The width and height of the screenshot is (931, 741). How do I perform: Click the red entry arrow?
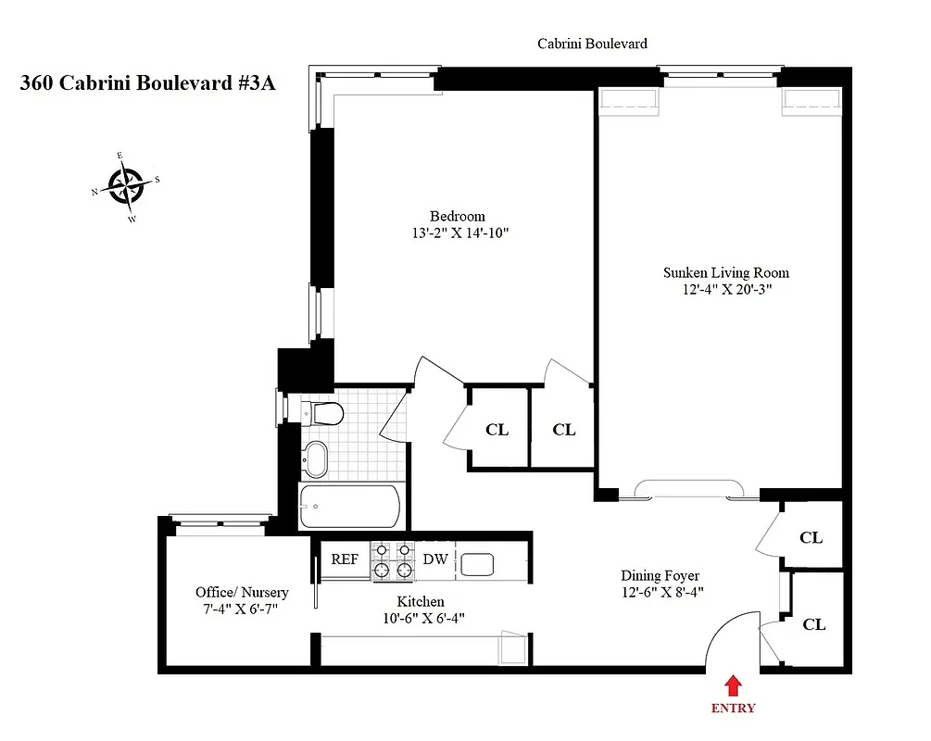[732, 685]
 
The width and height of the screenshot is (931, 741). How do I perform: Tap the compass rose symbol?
[124, 185]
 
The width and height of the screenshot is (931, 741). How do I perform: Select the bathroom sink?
[317, 458]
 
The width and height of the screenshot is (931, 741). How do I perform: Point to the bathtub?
[349, 507]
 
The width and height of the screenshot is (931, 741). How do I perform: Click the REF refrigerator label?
[345, 559]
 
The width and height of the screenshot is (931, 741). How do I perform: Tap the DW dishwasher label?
[435, 559]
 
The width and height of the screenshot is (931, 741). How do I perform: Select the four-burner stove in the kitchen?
[392, 561]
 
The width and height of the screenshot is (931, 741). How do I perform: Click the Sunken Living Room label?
[725, 272]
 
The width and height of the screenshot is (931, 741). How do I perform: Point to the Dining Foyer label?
[660, 575]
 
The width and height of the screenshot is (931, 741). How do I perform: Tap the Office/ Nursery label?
[242, 592]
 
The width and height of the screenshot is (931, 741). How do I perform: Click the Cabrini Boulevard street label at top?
[592, 44]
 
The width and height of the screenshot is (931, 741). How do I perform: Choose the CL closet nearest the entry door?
[813, 624]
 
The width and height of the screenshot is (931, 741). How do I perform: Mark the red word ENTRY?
[733, 709]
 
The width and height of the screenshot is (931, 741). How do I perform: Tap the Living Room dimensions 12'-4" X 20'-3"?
[725, 289]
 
